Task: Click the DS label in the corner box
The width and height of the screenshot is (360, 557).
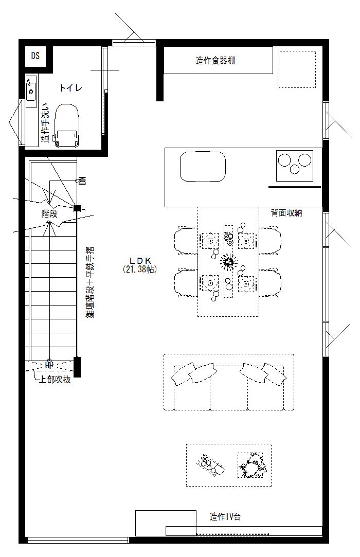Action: coord(35,56)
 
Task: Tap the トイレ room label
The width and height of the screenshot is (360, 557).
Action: coord(70,88)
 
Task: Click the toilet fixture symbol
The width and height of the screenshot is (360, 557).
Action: coord(67,125)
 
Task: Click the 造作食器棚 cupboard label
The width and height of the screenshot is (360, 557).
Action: coord(215,61)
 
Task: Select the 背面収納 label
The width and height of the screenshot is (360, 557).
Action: coord(287,212)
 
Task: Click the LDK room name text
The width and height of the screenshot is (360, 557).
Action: coord(140,260)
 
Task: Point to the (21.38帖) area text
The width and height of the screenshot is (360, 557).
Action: coord(140,269)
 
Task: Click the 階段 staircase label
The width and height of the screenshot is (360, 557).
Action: coord(49,213)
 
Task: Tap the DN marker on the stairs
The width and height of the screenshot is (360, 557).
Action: coord(82,181)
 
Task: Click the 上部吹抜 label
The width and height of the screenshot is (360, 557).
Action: coord(55,380)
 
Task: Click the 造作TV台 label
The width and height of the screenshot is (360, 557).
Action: coord(225,517)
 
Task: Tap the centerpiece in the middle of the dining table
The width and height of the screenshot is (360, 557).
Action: coord(228,262)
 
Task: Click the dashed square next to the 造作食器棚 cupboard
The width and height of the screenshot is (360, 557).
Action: coord(297,69)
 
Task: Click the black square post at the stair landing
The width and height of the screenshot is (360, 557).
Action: coord(77,208)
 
